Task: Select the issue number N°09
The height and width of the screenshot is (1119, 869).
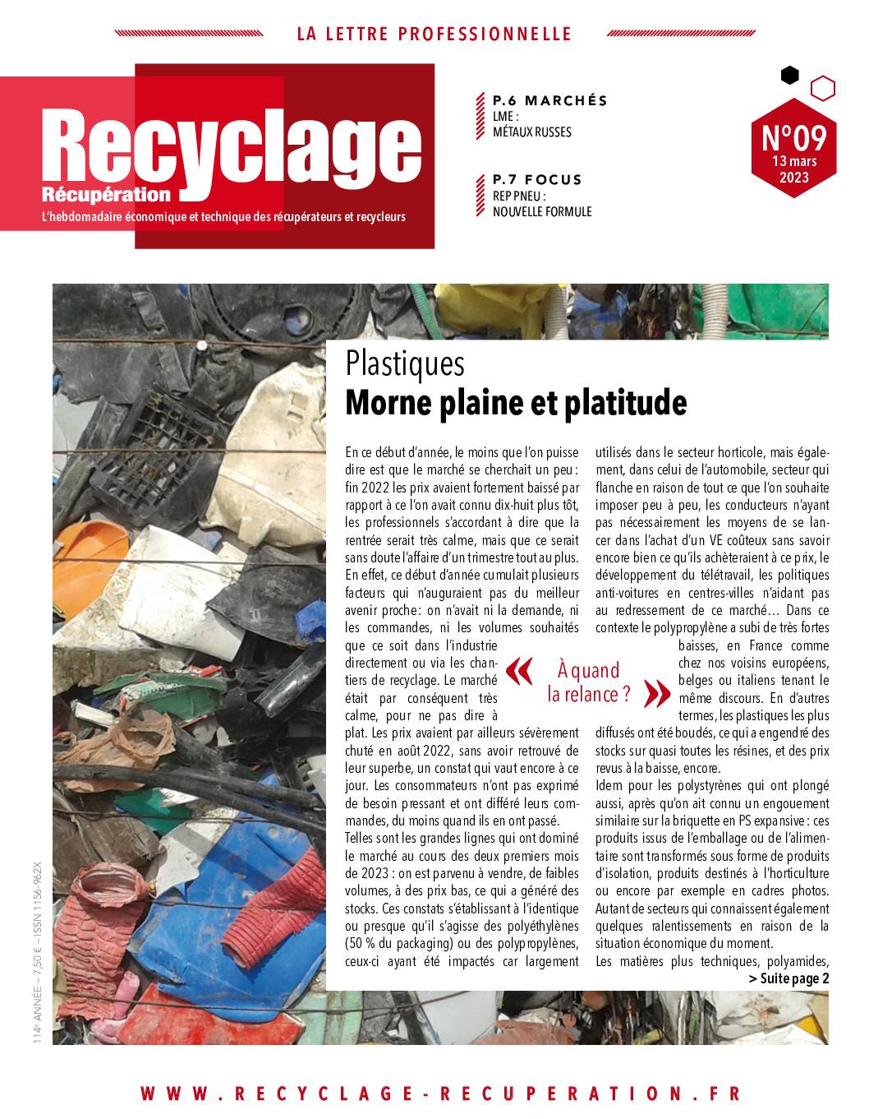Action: pyautogui.click(x=793, y=134)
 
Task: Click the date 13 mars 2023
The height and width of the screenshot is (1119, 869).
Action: pyautogui.click(x=793, y=169)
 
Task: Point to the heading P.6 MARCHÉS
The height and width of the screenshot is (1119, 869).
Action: pyautogui.click(x=549, y=100)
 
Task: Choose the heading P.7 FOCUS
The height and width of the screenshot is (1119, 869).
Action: pyautogui.click(x=536, y=179)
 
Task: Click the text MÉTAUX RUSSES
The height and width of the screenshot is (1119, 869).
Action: pyautogui.click(x=531, y=132)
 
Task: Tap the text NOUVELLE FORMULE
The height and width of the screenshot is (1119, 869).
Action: pyautogui.click(x=541, y=211)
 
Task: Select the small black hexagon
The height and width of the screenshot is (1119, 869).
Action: pyautogui.click(x=789, y=75)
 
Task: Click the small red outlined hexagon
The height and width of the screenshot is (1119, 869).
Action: pyautogui.click(x=822, y=87)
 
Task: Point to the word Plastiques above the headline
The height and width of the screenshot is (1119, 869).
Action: pyautogui.click(x=405, y=363)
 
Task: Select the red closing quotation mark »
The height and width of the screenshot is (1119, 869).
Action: pyautogui.click(x=657, y=692)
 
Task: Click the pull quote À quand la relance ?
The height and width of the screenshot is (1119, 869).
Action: pyautogui.click(x=588, y=682)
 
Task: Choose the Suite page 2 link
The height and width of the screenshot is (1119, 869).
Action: pyautogui.click(x=789, y=978)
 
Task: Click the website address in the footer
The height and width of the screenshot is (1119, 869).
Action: pyautogui.click(x=440, y=1094)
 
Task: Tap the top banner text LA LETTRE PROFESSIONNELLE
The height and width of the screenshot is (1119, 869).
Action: pyautogui.click(x=434, y=34)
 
